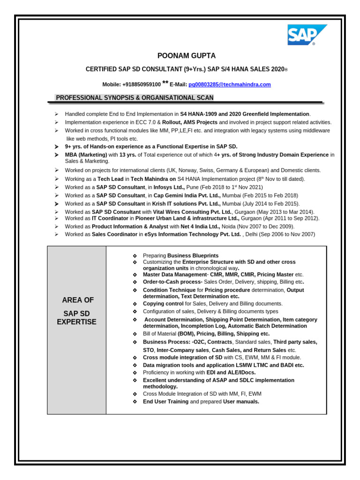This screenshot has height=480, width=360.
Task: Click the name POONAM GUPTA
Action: click(x=180, y=56)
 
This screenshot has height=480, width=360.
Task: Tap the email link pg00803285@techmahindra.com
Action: click(x=229, y=84)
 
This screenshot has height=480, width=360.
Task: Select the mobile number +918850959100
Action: click(x=141, y=84)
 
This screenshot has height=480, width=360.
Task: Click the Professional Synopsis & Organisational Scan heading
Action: click(x=135, y=98)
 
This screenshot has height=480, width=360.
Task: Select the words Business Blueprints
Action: click(x=193, y=255)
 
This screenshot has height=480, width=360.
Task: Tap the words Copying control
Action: click(x=163, y=304)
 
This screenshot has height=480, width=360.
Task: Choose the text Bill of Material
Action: click(x=160, y=334)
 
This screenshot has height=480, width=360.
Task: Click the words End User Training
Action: click(x=165, y=402)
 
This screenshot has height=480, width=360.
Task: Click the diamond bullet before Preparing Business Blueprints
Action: click(x=135, y=255)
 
